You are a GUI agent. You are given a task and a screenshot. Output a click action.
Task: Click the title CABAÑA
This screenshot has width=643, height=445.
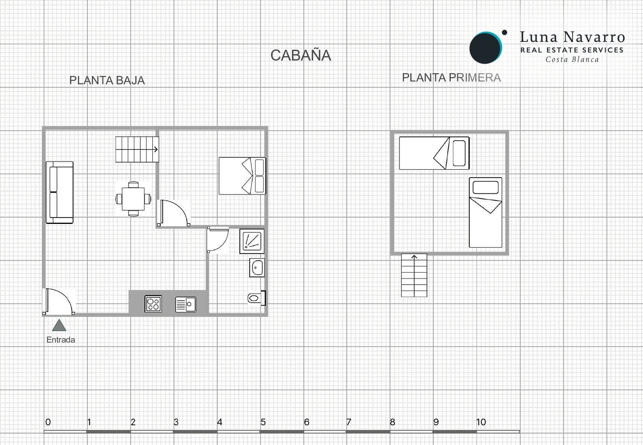[x=301, y=55]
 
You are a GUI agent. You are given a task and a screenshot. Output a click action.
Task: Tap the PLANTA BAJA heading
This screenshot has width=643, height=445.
[x=107, y=80]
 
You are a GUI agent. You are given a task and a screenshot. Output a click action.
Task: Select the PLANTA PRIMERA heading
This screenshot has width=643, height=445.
[x=451, y=78]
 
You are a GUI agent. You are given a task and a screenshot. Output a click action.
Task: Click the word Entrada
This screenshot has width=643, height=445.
[x=61, y=340]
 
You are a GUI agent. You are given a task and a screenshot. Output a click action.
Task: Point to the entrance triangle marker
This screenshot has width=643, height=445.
[x=59, y=325]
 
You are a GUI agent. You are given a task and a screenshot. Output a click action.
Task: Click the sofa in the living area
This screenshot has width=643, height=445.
[x=59, y=192]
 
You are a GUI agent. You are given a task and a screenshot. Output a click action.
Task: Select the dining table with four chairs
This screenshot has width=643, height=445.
[x=133, y=199]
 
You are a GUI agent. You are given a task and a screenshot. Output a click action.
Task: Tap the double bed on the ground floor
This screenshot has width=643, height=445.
[x=242, y=176]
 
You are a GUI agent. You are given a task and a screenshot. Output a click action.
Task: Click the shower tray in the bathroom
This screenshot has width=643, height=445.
[x=252, y=241]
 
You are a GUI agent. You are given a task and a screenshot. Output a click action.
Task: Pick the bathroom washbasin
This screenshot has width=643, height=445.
[x=257, y=268]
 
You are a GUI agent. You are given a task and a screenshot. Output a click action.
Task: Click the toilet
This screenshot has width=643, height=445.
[x=256, y=298]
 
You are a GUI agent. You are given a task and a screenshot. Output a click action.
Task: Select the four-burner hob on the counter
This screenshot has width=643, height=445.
[x=153, y=304]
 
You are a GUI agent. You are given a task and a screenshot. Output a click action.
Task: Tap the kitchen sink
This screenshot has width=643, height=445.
[x=186, y=304]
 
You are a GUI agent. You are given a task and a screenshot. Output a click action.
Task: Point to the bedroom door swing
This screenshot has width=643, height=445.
[x=174, y=212]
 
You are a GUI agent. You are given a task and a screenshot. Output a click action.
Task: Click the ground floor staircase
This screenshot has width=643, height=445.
[x=137, y=150]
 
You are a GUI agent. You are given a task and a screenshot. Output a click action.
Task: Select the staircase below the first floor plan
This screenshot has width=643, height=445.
[x=414, y=275]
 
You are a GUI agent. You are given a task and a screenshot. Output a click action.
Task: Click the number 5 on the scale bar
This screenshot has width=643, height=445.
[x=263, y=422]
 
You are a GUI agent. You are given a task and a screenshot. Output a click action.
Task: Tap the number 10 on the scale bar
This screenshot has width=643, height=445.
[x=481, y=422]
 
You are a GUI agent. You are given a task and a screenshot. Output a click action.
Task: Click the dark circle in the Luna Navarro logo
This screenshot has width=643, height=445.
[x=485, y=47]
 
